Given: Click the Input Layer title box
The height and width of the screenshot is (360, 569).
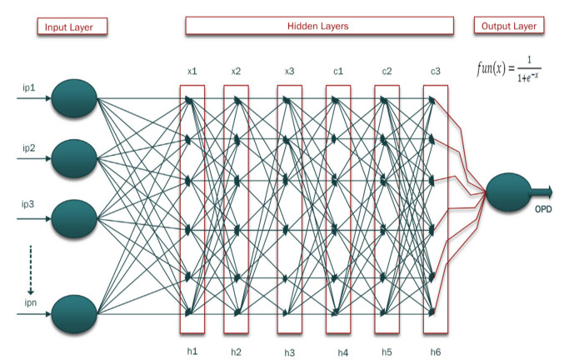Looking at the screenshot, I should click(x=72, y=27).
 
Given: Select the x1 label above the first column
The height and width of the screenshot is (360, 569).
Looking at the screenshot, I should click(x=192, y=72).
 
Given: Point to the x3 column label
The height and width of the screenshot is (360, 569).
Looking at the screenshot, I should click(x=290, y=72).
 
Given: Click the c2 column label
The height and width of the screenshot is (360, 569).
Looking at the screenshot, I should click(x=387, y=72).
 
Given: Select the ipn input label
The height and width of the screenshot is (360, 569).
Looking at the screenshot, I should click(x=29, y=303).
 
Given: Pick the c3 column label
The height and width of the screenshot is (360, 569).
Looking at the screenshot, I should click(x=435, y=72).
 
